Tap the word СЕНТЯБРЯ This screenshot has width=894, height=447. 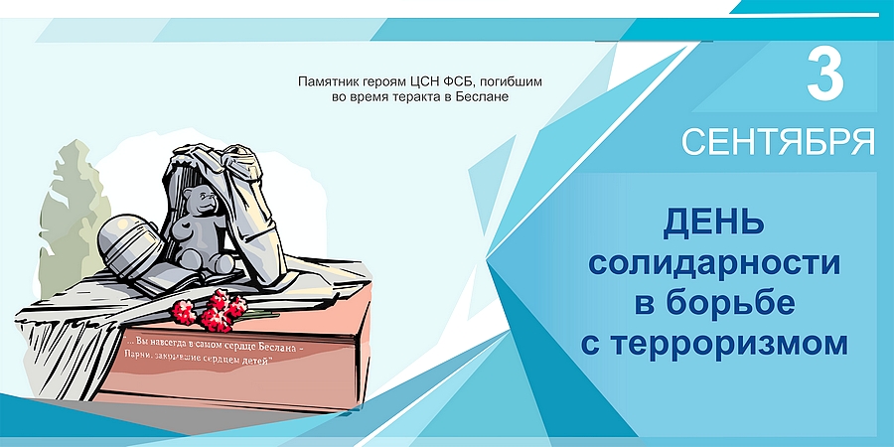click(778, 142)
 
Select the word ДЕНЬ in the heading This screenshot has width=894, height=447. click(714, 222)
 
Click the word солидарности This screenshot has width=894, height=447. click(714, 263)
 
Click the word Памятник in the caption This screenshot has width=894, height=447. click(329, 80)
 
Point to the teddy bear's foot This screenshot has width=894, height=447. click(216, 265)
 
